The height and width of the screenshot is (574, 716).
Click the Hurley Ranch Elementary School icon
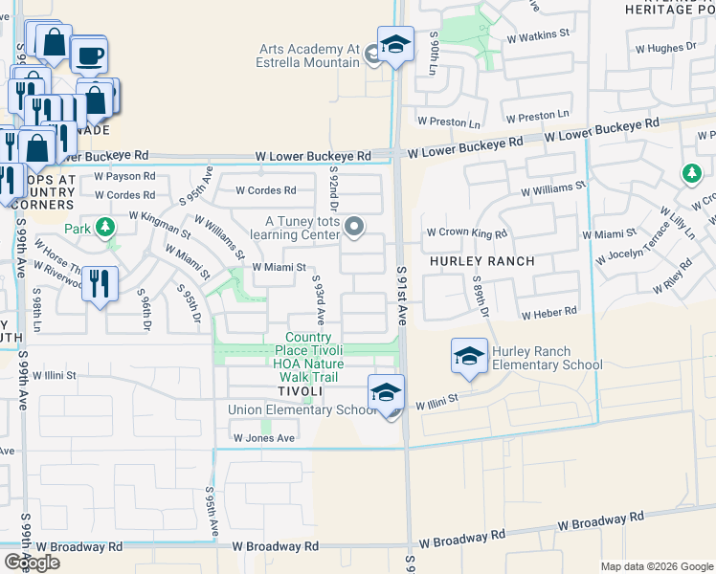[469, 357]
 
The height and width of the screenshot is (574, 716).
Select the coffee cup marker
[89, 55]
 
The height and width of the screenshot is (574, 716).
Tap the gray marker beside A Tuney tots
[354, 227]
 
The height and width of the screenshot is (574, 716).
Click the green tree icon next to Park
[104, 229]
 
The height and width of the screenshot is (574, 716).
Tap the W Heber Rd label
[548, 313]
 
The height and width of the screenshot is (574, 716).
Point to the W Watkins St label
[538, 33]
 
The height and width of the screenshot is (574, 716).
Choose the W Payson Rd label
[124, 177]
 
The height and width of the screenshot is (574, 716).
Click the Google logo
[34, 563]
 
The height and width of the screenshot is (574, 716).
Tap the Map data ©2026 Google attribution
[657, 566]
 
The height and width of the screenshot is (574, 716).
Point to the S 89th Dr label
[481, 298]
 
